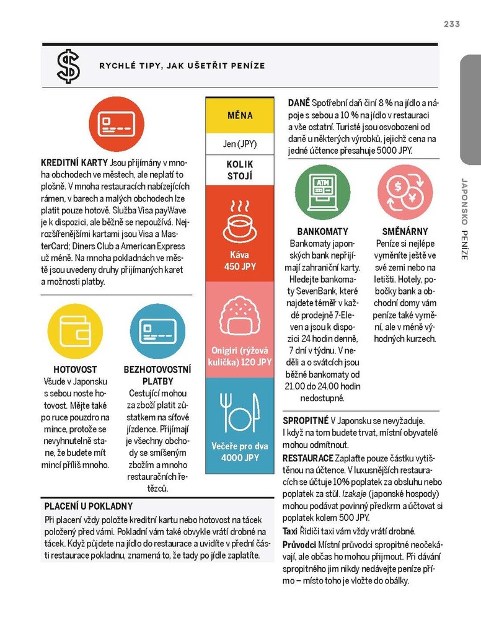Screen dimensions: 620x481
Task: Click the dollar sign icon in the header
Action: tap(68, 66)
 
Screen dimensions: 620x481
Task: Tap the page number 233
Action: tap(451, 24)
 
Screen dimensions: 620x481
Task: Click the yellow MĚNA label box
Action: tap(239, 116)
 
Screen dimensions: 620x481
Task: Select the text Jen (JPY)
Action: tap(239, 144)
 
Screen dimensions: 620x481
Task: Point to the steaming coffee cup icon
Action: tap(239, 221)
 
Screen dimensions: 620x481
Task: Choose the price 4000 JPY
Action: tap(239, 458)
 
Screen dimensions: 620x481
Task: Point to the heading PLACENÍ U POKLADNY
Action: tap(89, 506)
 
